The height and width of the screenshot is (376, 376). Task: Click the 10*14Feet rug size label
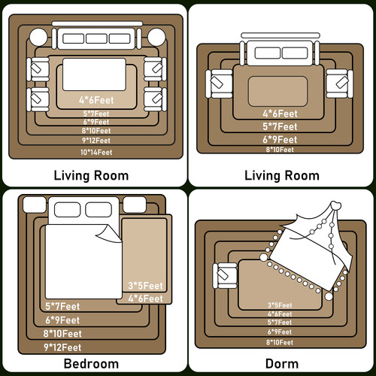[x=96, y=152]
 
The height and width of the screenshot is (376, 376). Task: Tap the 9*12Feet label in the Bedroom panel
[x=62, y=347]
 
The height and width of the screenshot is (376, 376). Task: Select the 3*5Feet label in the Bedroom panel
[x=145, y=286]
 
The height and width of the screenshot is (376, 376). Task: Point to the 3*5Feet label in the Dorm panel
[x=280, y=305]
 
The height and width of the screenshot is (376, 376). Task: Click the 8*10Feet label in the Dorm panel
[x=280, y=342]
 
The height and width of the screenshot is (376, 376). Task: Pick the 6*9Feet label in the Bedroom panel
[x=62, y=320]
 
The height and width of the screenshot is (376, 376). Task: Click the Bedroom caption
[x=91, y=364]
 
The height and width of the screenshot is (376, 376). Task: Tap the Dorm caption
[x=282, y=364]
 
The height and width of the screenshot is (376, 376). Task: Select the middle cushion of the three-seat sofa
[x=96, y=38]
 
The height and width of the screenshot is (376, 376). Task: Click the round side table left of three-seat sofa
[x=38, y=38]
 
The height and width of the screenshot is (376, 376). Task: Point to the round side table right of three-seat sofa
[x=156, y=38]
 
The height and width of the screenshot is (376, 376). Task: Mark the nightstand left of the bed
[x=35, y=205]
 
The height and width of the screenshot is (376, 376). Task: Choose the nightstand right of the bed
[x=135, y=205]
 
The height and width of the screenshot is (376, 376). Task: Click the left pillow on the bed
[x=67, y=210]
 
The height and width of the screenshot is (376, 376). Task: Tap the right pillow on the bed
[x=99, y=210]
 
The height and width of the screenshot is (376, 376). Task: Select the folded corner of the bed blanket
[x=108, y=235]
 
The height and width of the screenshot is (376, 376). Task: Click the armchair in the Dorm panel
[x=225, y=276]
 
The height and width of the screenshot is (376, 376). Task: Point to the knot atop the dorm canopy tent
[x=335, y=206]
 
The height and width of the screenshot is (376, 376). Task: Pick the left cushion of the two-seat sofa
[x=268, y=53]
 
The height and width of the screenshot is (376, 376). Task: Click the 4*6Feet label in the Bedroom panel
[x=145, y=299]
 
